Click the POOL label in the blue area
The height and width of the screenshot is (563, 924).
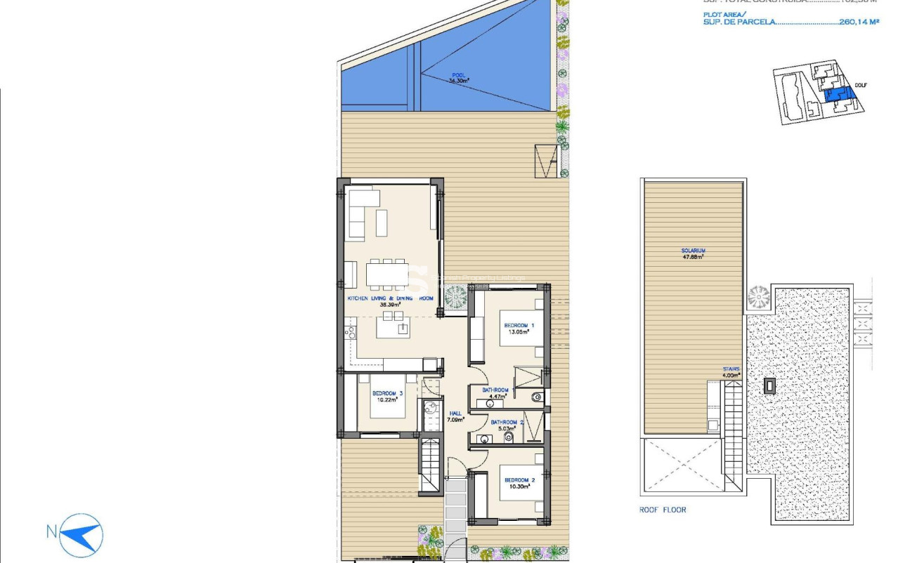tap(459, 74)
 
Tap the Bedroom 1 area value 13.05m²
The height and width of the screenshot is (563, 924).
tap(519, 332)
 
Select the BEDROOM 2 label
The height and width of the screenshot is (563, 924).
tap(519, 480)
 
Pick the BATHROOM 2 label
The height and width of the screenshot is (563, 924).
tap(507, 422)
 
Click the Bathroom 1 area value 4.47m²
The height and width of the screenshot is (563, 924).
tap(495, 397)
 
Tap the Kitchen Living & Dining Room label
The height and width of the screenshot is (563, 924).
tap(391, 298)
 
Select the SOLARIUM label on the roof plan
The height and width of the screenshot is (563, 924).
tap(693, 251)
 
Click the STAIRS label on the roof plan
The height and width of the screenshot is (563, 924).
tap(731, 369)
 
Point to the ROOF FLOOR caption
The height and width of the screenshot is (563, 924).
tap(663, 510)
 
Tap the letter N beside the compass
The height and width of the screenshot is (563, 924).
tap(51, 532)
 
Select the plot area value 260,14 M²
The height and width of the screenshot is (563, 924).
tap(859, 22)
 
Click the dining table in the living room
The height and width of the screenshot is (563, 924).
tap(386, 273)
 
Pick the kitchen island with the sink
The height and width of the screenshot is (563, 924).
tap(393, 327)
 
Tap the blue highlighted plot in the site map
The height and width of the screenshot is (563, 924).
tap(835, 95)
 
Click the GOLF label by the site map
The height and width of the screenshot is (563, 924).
tap(861, 85)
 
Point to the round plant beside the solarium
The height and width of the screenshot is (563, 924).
tap(759, 298)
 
